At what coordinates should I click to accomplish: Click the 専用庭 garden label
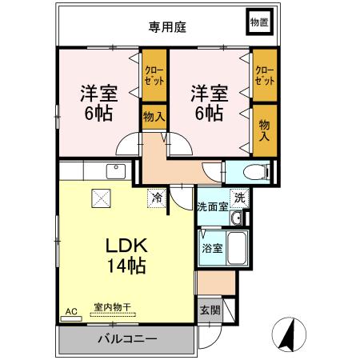[166, 26]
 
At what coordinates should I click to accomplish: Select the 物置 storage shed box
[258, 23]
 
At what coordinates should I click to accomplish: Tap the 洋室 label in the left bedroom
[99, 92]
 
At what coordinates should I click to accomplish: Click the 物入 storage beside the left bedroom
[154, 117]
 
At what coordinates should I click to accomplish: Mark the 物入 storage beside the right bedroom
[264, 129]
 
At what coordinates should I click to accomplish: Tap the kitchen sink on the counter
[114, 170]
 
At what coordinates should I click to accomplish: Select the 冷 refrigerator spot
[157, 195]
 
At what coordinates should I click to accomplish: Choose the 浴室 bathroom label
[213, 248]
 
